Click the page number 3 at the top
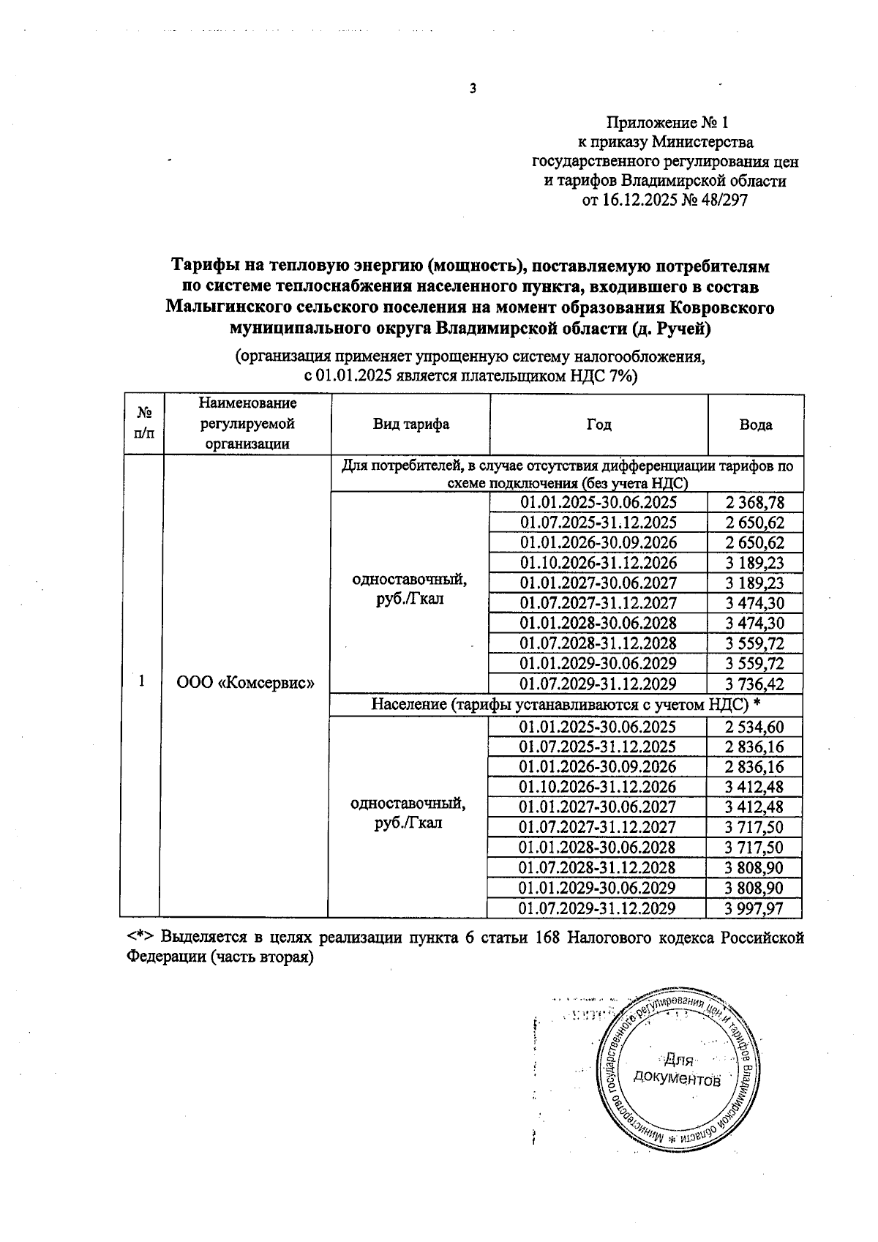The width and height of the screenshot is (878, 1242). point(472,89)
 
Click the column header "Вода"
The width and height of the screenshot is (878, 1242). point(755,424)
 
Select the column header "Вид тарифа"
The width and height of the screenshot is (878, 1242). point(411,424)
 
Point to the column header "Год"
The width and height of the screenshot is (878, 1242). point(599,424)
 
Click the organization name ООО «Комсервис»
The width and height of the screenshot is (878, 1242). point(246,682)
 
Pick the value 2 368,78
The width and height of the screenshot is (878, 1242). point(755,503)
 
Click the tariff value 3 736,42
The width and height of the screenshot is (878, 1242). point(755,684)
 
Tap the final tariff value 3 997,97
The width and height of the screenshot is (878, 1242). point(754,908)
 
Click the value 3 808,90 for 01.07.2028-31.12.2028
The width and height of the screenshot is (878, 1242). point(754,868)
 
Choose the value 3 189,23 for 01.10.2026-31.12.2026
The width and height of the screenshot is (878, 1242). point(755,563)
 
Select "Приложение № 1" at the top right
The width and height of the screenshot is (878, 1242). point(666,122)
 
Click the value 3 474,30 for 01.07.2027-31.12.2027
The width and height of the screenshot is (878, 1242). point(755,603)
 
